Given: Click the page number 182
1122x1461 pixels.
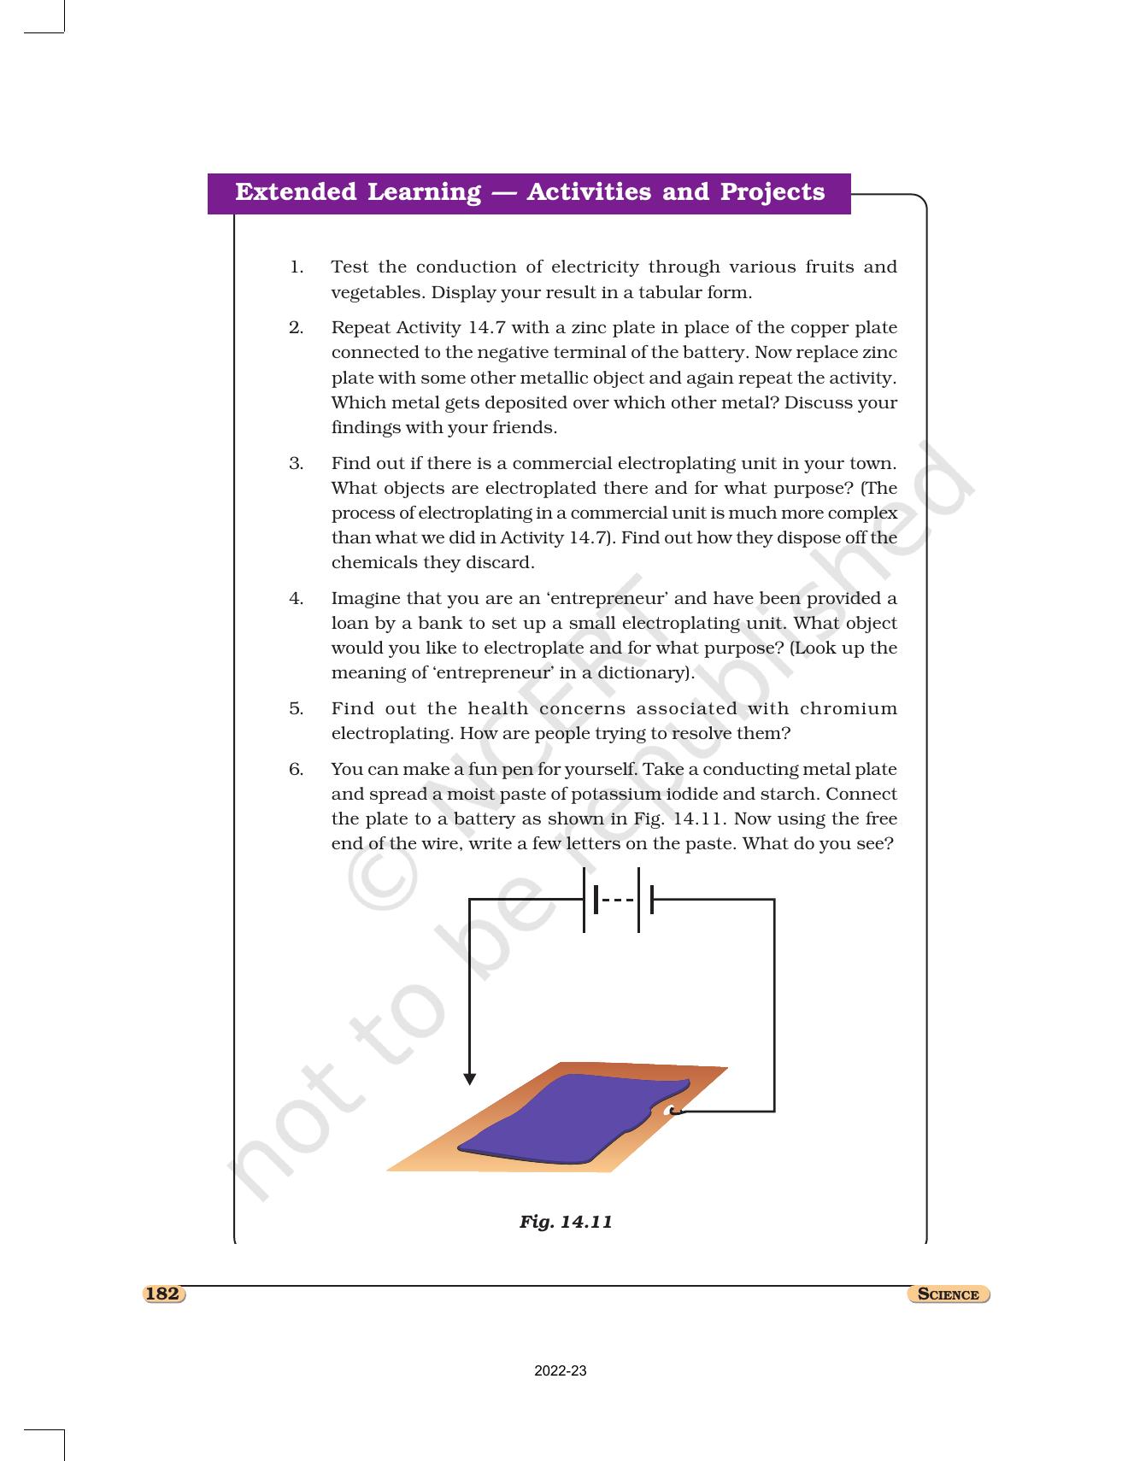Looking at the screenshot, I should click(x=162, y=1294).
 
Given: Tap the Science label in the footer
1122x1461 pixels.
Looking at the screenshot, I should click(x=948, y=1294).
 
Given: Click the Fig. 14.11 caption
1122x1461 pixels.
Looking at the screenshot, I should click(x=566, y=1222).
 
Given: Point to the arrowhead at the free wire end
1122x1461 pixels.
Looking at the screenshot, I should click(x=469, y=1079).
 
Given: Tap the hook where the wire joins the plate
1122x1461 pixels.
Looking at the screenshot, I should click(x=673, y=1111).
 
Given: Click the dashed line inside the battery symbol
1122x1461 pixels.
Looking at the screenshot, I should click(x=617, y=900).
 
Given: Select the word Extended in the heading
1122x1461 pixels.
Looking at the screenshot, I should click(x=296, y=192).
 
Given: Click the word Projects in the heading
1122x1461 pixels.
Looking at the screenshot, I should click(x=772, y=192).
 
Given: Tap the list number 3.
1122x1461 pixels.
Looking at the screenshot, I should click(x=296, y=464).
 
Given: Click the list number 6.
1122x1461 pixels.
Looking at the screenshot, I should click(x=296, y=770).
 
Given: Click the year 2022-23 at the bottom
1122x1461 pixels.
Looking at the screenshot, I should click(x=561, y=1371).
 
